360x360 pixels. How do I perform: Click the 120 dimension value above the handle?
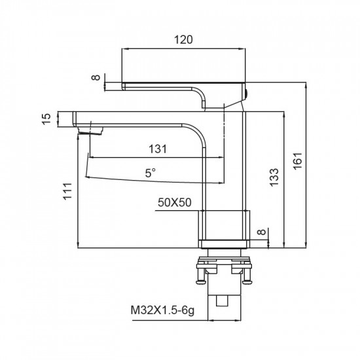(x=184, y=40)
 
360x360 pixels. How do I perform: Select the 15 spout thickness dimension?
(x=46, y=118)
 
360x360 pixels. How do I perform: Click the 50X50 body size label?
(x=175, y=203)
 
